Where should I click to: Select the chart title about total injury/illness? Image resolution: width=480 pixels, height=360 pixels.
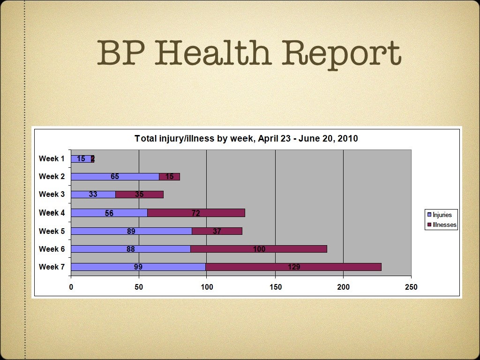coord(246,139)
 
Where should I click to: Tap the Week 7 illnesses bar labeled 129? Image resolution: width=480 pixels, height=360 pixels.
coord(293,267)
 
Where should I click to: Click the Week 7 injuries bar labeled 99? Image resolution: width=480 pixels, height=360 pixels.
coord(138,267)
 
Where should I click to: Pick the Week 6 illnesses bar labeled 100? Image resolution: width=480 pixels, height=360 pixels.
coord(259,249)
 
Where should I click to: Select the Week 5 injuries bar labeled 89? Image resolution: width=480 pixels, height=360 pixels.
coord(131,231)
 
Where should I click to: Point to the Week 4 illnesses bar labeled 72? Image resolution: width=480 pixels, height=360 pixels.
coord(196,213)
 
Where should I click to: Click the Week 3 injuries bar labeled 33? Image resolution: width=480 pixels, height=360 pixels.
coord(93,195)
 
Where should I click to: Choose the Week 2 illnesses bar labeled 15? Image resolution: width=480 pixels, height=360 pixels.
coord(169,177)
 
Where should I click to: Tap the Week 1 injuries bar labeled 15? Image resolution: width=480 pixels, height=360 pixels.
coord(81,159)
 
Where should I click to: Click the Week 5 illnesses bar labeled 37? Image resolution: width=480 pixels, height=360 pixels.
coord(217,231)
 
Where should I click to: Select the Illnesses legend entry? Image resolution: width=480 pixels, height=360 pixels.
coord(441,225)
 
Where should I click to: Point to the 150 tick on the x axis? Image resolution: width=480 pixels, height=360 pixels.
coord(275,287)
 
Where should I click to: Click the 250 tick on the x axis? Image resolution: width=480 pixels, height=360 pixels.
coord(411,287)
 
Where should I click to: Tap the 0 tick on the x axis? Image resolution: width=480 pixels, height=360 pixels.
coord(71,287)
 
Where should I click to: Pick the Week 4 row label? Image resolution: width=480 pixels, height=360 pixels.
coord(52,213)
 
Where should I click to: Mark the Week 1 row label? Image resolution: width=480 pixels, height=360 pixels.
coord(52,159)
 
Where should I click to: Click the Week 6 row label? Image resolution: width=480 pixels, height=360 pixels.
coord(52,249)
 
